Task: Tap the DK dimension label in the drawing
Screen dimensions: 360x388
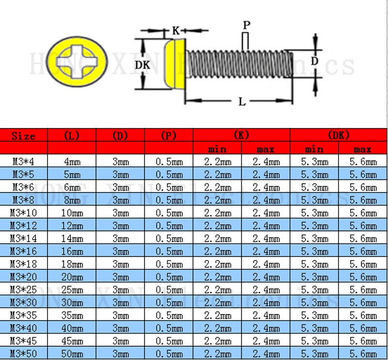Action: (142, 65)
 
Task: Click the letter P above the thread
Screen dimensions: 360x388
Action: (246, 25)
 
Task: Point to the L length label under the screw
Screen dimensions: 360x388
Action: (242, 101)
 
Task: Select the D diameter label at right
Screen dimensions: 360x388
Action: (314, 62)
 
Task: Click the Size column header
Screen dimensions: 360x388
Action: (24, 136)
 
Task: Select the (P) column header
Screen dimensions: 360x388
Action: (169, 136)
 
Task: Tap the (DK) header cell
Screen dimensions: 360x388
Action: (338, 135)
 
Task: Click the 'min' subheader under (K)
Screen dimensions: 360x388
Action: (217, 149)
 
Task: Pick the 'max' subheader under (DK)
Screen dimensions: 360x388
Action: (362, 149)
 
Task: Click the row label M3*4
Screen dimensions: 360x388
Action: (24, 162)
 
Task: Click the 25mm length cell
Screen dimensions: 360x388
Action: (72, 290)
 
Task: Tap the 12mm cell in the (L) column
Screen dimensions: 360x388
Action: (72, 226)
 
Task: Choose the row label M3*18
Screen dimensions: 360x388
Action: (24, 264)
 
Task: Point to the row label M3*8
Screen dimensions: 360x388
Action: (24, 200)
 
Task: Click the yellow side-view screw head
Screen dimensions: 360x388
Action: (178, 65)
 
